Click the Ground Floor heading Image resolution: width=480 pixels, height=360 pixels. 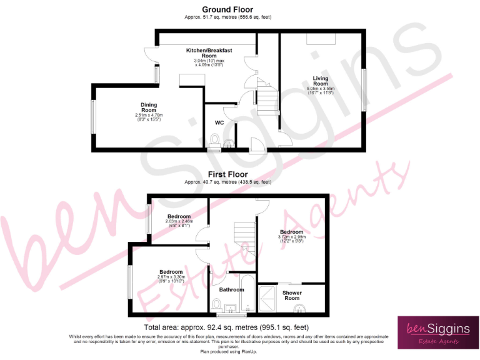[x=227, y=9]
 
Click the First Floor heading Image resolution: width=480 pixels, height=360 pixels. [x=227, y=174]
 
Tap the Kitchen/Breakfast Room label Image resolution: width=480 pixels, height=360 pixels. [x=209, y=53]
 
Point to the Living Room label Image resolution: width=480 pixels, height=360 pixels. [x=321, y=81]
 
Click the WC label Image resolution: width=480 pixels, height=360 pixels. [x=219, y=122]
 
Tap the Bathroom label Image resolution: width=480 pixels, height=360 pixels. [x=231, y=289]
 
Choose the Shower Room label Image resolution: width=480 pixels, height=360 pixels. [x=292, y=296]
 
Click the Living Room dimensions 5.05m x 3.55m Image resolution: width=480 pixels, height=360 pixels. [x=321, y=91]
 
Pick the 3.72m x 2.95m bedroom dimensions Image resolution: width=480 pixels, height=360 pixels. [x=292, y=240]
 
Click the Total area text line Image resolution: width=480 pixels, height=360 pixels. [x=226, y=327]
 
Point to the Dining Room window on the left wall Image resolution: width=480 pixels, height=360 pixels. [x=93, y=117]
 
